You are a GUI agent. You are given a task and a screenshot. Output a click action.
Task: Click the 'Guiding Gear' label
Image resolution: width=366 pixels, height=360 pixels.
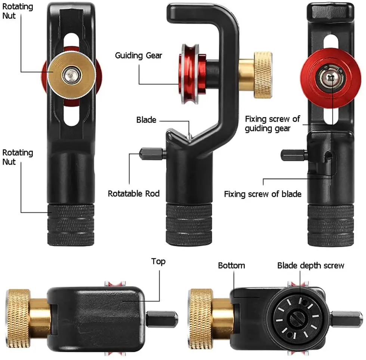click(139, 56)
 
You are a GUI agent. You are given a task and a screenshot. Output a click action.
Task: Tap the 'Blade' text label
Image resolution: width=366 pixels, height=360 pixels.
click(146, 120)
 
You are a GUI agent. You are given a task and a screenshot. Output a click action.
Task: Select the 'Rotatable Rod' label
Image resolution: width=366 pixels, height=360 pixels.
click(134, 193)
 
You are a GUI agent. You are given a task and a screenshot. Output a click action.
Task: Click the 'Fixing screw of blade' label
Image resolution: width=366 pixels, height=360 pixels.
click(263, 194)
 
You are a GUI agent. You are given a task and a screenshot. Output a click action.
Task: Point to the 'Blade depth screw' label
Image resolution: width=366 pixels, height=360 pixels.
click(310, 266)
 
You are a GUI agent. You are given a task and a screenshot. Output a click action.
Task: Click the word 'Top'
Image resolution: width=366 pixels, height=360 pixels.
click(158, 261)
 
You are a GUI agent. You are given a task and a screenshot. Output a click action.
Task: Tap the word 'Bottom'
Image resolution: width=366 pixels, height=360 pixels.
click(232, 266)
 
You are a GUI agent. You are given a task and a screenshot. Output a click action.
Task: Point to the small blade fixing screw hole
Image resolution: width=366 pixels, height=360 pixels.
click(329, 155)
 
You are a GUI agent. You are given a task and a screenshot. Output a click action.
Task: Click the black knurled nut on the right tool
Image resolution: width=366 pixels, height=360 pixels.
click(331, 225)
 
